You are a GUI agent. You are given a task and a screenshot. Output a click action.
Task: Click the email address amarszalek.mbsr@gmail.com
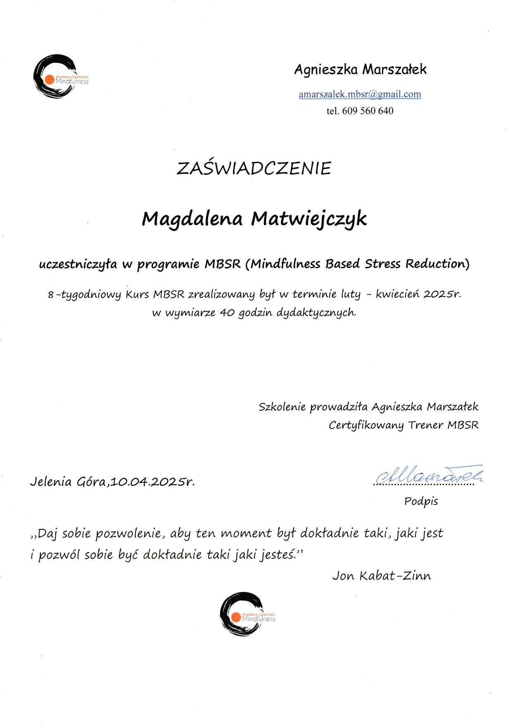360,94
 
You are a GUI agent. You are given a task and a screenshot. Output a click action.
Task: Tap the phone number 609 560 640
368,111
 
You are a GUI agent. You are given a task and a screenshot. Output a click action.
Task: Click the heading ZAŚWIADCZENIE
254,168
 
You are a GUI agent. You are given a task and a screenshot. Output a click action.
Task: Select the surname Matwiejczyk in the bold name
309,219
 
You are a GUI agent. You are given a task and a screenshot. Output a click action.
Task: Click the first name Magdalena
192,219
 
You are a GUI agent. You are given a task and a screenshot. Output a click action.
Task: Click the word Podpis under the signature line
421,501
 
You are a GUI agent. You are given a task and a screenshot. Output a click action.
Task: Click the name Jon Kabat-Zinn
381,576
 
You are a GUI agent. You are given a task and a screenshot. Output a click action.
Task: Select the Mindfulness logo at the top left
58,76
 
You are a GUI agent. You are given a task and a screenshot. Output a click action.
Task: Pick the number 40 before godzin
227,312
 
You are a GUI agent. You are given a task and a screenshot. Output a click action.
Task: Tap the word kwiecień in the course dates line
398,294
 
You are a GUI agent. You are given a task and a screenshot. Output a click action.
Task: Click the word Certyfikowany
366,425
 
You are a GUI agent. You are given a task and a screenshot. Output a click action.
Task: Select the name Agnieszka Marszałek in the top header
360,69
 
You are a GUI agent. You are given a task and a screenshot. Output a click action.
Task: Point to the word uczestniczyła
78,264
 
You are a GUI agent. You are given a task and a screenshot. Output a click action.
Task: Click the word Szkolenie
282,407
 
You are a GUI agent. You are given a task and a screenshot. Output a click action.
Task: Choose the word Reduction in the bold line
437,264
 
